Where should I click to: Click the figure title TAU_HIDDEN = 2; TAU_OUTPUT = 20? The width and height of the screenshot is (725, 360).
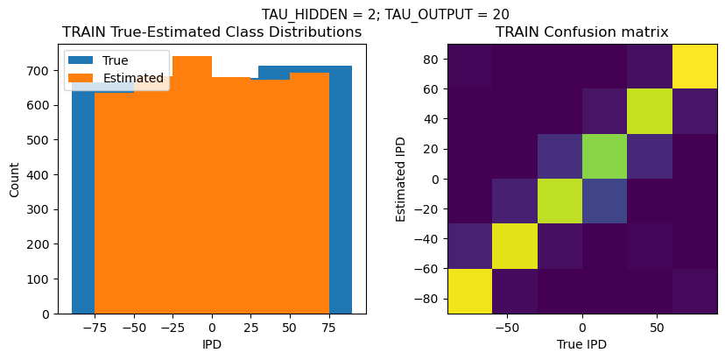click(385, 14)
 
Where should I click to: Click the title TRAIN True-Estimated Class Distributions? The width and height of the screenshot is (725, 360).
click(212, 32)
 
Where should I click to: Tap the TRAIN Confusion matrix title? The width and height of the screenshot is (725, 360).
click(582, 32)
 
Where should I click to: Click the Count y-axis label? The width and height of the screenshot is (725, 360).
click(14, 180)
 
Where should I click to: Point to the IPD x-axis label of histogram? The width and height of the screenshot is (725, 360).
click(212, 344)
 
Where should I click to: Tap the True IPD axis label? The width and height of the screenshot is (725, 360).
click(582, 344)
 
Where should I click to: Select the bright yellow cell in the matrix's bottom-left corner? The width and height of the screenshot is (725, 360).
click(469, 291)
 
